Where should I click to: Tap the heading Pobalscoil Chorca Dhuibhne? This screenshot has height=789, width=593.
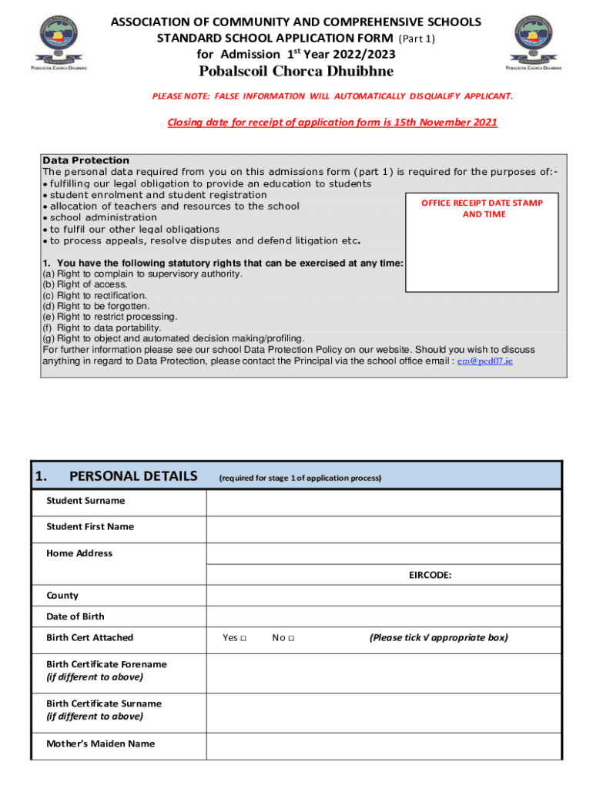pos(296,72)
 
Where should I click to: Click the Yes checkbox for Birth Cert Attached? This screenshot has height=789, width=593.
pos(243,638)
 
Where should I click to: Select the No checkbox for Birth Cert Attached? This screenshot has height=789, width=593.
pos(292,638)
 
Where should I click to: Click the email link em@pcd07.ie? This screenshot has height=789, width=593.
pos(484,361)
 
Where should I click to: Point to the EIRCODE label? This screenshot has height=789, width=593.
pos(430,575)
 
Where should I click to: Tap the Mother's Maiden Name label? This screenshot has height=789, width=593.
pos(100,744)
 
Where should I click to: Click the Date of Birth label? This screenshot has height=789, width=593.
pos(75,616)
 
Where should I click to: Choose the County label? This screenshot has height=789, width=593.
pos(62,596)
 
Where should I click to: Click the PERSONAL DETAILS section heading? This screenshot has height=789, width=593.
pos(133,476)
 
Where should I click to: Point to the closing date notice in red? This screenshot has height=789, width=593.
pos(332,123)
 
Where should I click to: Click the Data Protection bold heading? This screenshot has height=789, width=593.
pos(85,160)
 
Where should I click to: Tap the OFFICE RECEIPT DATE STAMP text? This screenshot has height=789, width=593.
pos(482,203)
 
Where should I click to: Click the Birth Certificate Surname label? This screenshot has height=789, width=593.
pos(104,703)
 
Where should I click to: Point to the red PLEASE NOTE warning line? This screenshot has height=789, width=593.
pos(332,96)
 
